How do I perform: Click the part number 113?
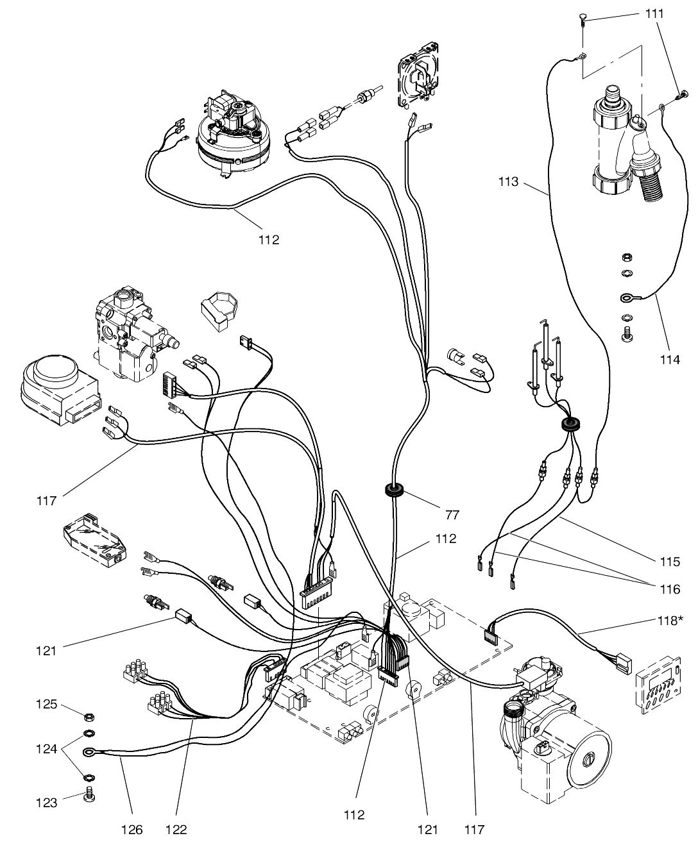tap(508, 182)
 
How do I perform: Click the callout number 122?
tap(176, 830)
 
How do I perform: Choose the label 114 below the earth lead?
tap(669, 360)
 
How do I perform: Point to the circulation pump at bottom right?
tap(558, 737)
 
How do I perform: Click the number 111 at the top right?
tap(655, 13)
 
